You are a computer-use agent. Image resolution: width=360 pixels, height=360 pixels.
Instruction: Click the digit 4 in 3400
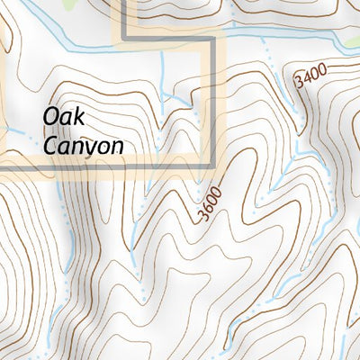click(306, 77)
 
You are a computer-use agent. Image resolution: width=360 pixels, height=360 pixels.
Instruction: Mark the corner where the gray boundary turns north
click(122, 39)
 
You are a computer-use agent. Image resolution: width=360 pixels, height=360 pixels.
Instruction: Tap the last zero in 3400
click(321, 67)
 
